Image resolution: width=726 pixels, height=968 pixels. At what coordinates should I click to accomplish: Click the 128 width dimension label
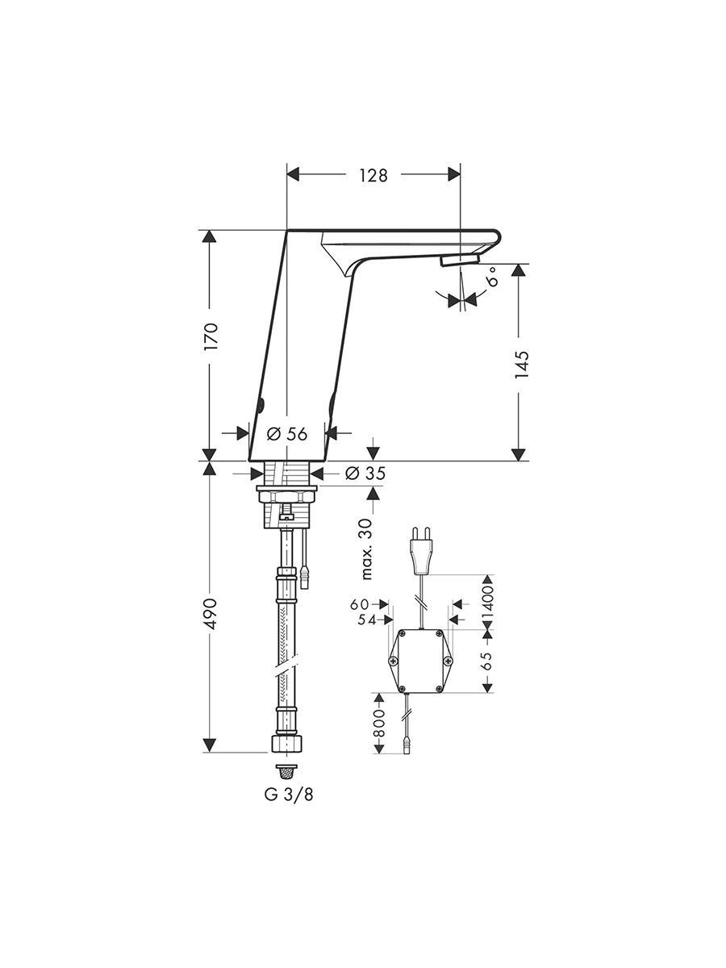click(373, 175)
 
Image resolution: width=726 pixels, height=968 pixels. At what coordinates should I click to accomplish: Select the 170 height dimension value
click(211, 336)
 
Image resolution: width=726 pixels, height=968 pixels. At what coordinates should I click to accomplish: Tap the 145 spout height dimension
click(521, 364)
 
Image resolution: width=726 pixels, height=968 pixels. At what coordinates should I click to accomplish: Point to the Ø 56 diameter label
click(287, 434)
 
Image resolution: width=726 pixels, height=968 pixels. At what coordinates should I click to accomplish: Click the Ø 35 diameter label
click(365, 474)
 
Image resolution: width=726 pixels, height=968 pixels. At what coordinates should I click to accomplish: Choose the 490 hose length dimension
click(211, 614)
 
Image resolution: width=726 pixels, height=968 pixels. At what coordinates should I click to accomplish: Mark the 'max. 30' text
click(367, 549)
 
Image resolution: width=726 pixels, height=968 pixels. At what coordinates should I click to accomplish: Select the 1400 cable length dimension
click(487, 602)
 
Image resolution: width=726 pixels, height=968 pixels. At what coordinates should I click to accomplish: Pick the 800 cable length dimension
click(379, 724)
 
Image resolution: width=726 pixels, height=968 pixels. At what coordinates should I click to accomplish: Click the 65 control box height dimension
click(487, 661)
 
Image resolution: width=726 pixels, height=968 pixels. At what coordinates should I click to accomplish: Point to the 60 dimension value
click(359, 605)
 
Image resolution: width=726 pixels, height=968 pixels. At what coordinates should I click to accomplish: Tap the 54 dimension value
click(367, 620)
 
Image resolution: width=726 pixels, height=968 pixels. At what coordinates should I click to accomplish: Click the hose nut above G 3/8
click(286, 744)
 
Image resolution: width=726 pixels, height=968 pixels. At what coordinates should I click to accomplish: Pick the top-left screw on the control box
click(402, 634)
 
